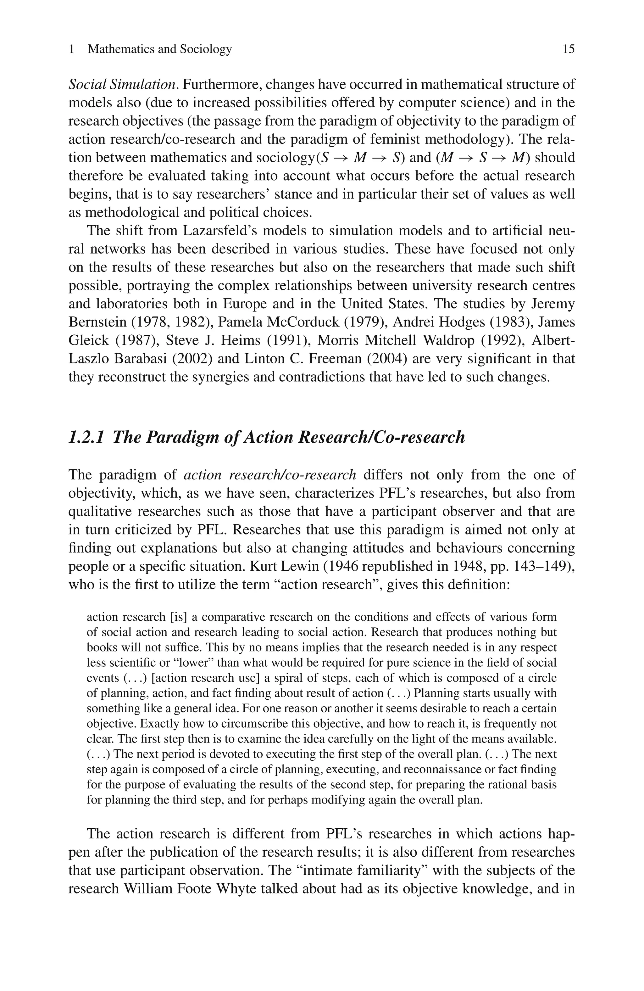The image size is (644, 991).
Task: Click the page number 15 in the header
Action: pos(568,49)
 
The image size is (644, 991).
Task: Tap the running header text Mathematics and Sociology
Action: pos(160,49)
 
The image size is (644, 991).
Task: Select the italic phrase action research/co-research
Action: pos(270,475)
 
